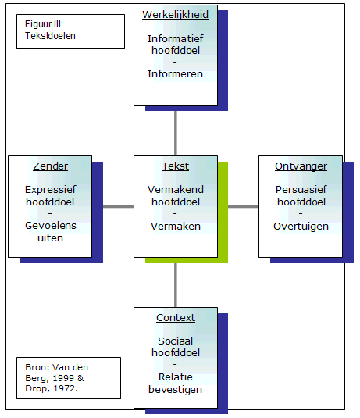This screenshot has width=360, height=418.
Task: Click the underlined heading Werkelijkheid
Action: coord(176,15)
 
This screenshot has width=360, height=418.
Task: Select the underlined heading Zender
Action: coord(50,166)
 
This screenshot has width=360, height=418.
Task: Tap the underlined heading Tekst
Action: coord(176,166)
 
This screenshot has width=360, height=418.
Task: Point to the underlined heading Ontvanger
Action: coord(301,166)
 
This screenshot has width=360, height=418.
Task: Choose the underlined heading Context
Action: coord(176,317)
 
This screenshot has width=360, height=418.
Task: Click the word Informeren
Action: coord(176,74)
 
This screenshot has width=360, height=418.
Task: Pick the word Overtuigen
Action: coord(301,227)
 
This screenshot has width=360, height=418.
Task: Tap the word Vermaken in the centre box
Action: coord(176,226)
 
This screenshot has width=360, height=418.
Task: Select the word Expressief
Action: coord(50,190)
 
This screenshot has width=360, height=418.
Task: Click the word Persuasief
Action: coord(301,190)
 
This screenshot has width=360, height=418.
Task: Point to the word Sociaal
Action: coord(176,341)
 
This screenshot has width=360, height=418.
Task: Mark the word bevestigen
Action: coord(176,389)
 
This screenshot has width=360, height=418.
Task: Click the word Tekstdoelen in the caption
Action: coord(50,36)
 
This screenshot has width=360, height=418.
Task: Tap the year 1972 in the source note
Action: coord(66,388)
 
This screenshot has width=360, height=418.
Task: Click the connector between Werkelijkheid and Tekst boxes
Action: coord(176,134)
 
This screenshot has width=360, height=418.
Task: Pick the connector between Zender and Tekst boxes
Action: coord(119,206)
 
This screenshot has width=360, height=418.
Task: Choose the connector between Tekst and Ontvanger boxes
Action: coord(244,206)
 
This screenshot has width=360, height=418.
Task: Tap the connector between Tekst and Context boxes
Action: coord(176,284)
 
